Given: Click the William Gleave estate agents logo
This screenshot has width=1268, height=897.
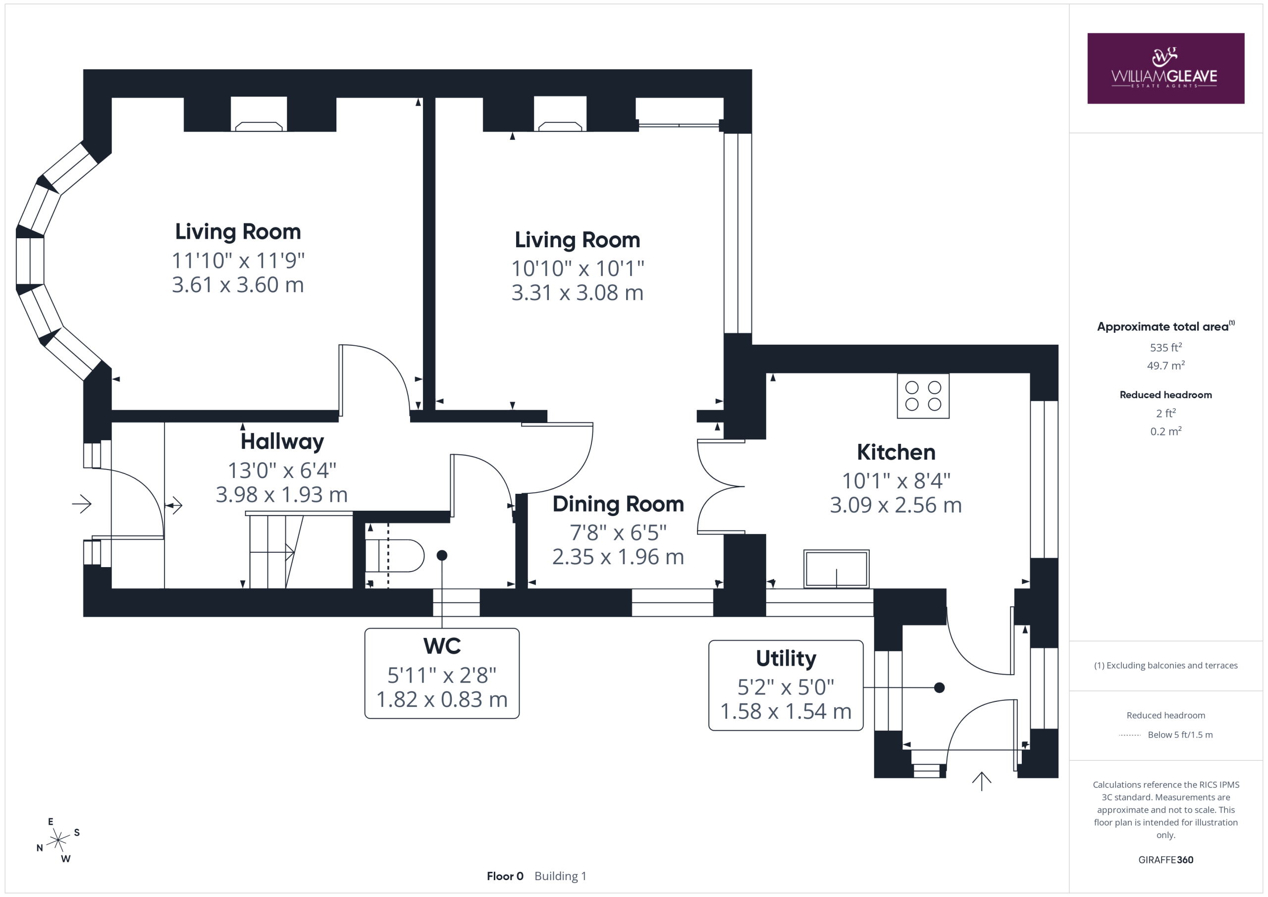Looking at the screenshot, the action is click(1165, 68).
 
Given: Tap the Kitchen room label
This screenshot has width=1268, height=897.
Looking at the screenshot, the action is click(896, 452).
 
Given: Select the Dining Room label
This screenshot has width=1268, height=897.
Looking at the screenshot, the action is click(618, 504).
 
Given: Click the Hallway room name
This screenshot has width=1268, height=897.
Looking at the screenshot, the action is click(282, 442).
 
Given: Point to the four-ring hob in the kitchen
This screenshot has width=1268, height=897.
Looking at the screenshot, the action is click(923, 396).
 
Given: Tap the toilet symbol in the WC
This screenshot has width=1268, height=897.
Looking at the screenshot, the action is click(394, 556).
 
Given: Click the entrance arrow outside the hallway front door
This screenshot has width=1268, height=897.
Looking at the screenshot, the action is click(82, 504).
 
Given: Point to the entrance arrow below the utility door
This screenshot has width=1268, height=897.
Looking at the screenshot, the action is click(981, 781).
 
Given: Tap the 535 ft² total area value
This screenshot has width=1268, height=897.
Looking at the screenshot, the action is click(1166, 347).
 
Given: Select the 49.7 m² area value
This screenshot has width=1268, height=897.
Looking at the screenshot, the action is click(1166, 365).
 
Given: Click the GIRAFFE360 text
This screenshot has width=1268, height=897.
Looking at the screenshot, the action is click(1166, 859).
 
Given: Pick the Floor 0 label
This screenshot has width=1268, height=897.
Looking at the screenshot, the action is click(505, 876).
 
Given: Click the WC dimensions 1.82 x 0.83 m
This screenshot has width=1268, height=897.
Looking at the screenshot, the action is click(442, 700).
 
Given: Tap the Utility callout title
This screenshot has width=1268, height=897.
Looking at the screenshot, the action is click(786, 658).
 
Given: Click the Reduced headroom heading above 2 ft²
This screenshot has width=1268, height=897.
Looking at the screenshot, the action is click(1166, 395).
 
